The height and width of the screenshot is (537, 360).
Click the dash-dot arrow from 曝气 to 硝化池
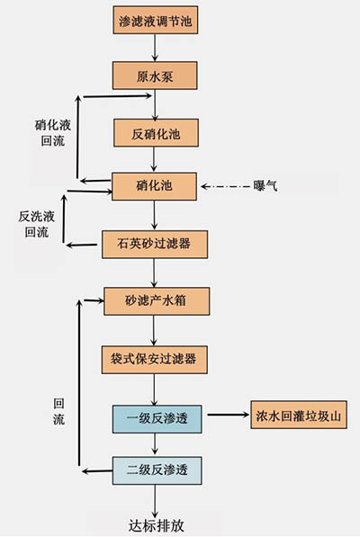coord(225,187)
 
